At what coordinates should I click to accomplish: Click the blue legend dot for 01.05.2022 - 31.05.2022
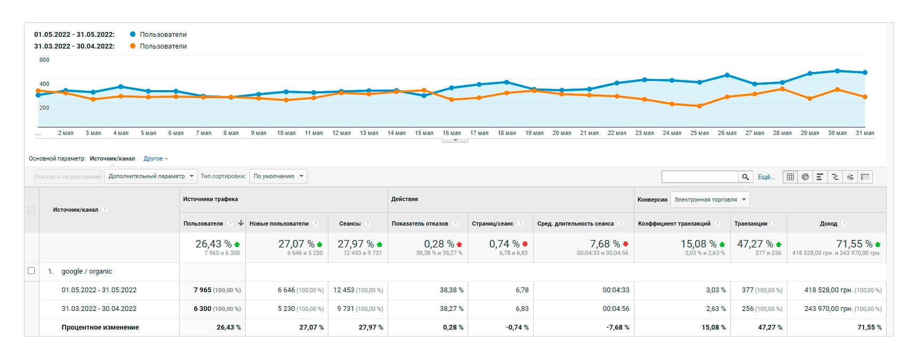(133, 34)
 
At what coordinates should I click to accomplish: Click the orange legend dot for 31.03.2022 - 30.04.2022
(133, 46)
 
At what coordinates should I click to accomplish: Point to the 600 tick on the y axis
(44, 60)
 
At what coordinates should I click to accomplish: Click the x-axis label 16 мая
(452, 133)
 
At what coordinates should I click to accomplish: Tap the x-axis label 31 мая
(865, 133)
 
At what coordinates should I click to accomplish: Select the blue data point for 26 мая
(727, 75)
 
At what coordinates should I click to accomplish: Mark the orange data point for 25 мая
(699, 106)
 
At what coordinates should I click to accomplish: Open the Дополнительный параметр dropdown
(151, 177)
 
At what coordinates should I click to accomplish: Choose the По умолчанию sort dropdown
(278, 177)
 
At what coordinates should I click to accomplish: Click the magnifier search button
(745, 177)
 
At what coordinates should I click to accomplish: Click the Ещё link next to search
(766, 177)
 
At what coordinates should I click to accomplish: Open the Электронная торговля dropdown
(710, 199)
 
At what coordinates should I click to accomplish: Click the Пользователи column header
(203, 223)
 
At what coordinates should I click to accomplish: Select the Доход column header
(828, 223)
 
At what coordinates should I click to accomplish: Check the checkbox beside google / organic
(31, 271)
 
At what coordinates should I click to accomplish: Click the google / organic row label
(87, 271)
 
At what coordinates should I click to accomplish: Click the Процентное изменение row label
(100, 327)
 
